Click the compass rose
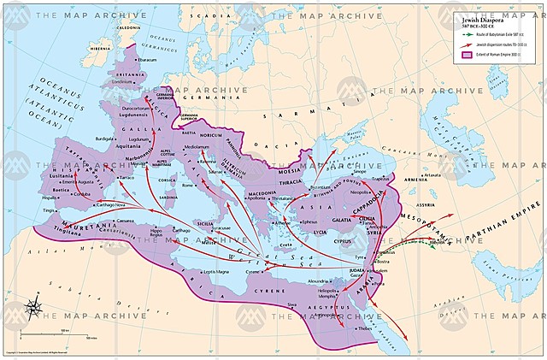[33, 306]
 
